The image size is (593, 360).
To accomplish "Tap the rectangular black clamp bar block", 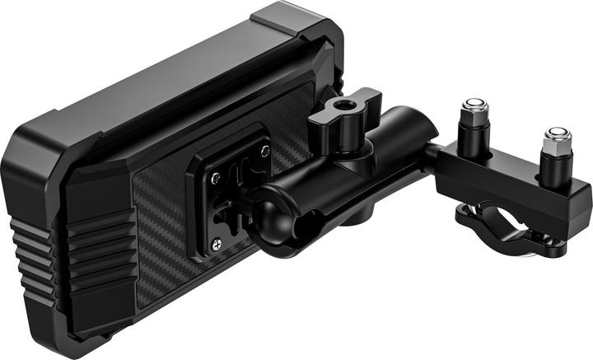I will point(511,185).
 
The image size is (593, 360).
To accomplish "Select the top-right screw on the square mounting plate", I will point(264,150).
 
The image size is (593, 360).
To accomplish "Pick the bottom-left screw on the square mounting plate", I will point(217,242).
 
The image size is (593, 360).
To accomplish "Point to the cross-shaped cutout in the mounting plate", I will point(239,198).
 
